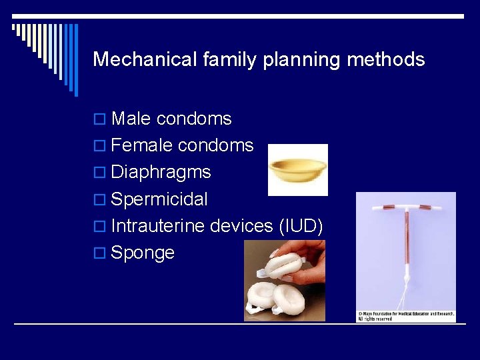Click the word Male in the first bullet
click(x=131, y=119)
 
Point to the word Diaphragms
click(x=161, y=172)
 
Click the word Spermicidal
click(x=159, y=199)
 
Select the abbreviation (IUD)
click(x=301, y=226)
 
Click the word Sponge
click(x=143, y=253)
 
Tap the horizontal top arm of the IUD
click(x=406, y=207)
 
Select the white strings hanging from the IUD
click(x=407, y=293)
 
